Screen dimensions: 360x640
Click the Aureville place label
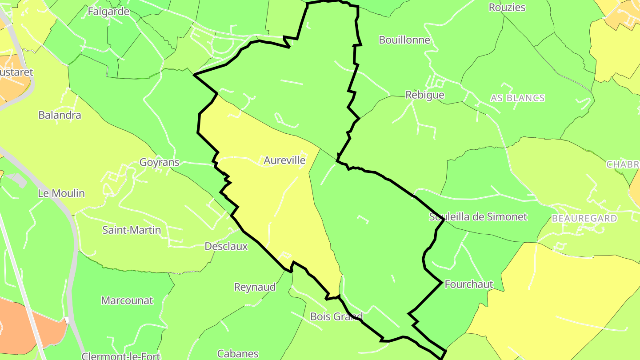284,160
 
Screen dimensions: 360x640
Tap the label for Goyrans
159,162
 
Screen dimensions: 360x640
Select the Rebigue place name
424,95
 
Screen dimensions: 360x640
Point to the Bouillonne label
404,40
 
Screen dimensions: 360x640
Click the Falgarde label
108,12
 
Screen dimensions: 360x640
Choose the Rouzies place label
507,8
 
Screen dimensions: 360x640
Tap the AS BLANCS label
517,98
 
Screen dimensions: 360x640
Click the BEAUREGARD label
584,218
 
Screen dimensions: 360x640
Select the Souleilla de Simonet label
478,217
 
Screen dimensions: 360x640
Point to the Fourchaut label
468,284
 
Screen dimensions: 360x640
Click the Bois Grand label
336,317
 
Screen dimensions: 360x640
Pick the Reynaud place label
255,287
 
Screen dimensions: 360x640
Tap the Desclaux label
226,246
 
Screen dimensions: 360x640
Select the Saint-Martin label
132,230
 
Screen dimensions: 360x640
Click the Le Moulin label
61,193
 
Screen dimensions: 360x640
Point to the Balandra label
60,116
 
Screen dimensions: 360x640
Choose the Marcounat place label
127,300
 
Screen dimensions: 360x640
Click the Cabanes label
238,354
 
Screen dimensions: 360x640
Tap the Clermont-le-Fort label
121,356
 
